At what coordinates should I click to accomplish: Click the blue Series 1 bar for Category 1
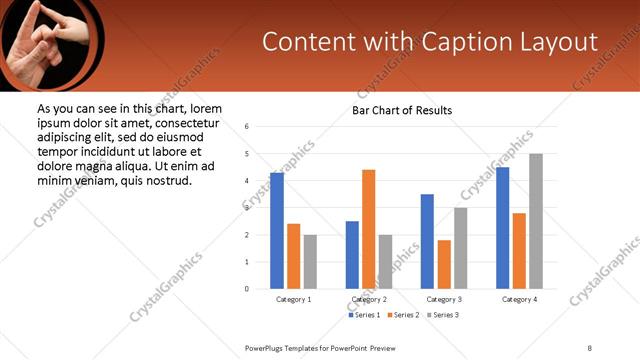click(x=277, y=231)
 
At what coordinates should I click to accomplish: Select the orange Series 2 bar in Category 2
click(x=368, y=229)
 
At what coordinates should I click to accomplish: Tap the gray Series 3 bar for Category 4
click(x=536, y=221)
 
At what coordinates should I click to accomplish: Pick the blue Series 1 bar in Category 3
click(x=427, y=241)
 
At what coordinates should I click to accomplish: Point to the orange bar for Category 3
click(x=444, y=264)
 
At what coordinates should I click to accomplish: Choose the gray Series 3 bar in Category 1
click(x=310, y=262)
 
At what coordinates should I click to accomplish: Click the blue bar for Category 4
click(x=502, y=228)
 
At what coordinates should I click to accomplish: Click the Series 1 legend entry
click(x=363, y=315)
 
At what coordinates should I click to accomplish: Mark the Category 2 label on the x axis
click(x=369, y=299)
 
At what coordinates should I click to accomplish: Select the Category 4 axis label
click(x=519, y=299)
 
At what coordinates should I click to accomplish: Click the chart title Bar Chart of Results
click(x=402, y=110)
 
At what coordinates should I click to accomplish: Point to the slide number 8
click(x=589, y=346)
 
